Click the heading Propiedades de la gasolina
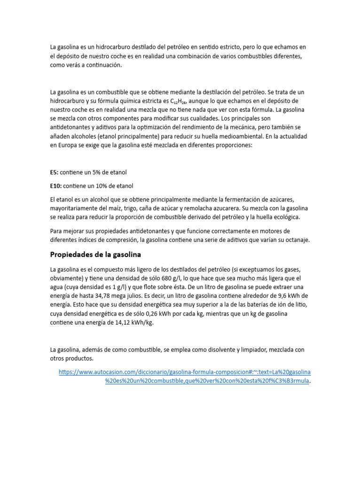[95, 255]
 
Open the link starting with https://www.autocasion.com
[185, 372]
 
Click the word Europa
[68, 145]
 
